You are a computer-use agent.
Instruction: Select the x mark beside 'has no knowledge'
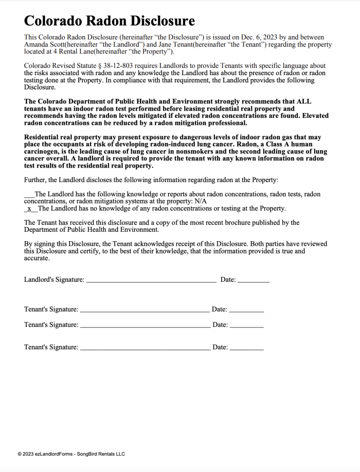pyautogui.click(x=29, y=208)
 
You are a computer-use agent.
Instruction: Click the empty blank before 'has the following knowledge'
pyautogui.click(x=29, y=194)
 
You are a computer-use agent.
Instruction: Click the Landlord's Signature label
pyautogui.click(x=54, y=280)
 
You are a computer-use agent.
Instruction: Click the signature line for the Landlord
pyautogui.click(x=151, y=281)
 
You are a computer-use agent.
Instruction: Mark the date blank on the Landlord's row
pyautogui.click(x=254, y=281)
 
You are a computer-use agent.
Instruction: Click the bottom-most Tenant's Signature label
pyautogui.click(x=51, y=348)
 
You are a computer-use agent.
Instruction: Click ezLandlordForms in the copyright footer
pyautogui.click(x=53, y=454)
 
